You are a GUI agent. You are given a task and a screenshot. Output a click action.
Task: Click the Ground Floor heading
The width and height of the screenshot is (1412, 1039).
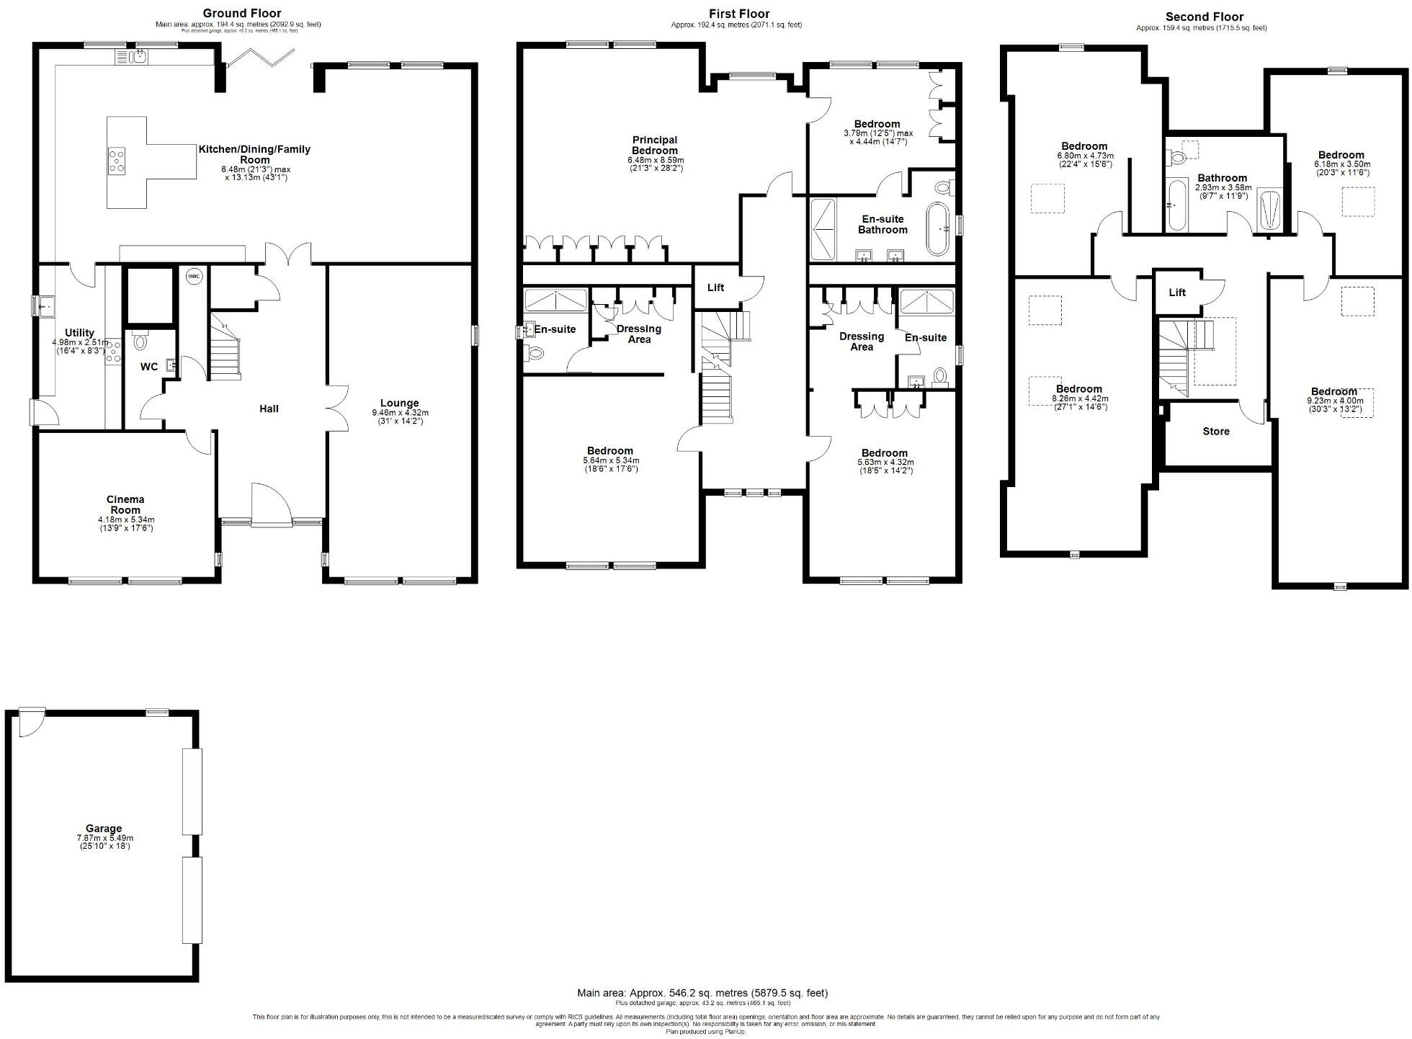[241, 13]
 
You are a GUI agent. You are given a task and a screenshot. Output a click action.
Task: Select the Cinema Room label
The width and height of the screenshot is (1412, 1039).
[125, 504]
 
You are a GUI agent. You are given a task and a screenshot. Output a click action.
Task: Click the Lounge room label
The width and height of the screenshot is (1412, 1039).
[400, 403]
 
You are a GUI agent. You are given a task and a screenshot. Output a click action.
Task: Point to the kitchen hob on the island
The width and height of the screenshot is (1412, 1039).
[117, 161]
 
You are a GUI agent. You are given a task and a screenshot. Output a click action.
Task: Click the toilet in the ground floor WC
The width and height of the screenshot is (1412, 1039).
[140, 341]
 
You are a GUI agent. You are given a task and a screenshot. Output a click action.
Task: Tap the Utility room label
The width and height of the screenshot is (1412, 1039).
[79, 333]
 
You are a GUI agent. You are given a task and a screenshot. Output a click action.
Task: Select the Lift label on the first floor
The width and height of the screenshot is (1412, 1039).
[715, 287]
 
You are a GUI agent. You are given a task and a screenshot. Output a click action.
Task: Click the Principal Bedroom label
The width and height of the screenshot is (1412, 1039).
[655, 145]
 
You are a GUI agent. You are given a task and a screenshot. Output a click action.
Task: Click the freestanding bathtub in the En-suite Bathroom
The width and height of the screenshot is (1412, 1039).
[937, 228]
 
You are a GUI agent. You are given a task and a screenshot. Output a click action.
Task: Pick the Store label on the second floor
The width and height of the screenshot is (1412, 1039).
[1216, 432]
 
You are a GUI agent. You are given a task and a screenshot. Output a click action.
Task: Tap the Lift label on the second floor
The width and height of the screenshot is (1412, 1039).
[1177, 293]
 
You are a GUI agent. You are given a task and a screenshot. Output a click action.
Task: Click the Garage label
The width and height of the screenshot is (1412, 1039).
[104, 829]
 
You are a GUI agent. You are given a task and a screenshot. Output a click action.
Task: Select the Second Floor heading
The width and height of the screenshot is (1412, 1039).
[1205, 17]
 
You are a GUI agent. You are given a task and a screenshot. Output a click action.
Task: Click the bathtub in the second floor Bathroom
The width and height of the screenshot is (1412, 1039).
[1177, 206]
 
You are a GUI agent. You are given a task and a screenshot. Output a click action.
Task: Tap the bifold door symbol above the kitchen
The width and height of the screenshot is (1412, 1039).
[261, 58]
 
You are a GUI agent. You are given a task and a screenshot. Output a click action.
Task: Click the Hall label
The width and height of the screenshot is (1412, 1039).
[269, 409]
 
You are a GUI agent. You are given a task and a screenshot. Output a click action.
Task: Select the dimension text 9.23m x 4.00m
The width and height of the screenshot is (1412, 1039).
[1335, 401]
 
